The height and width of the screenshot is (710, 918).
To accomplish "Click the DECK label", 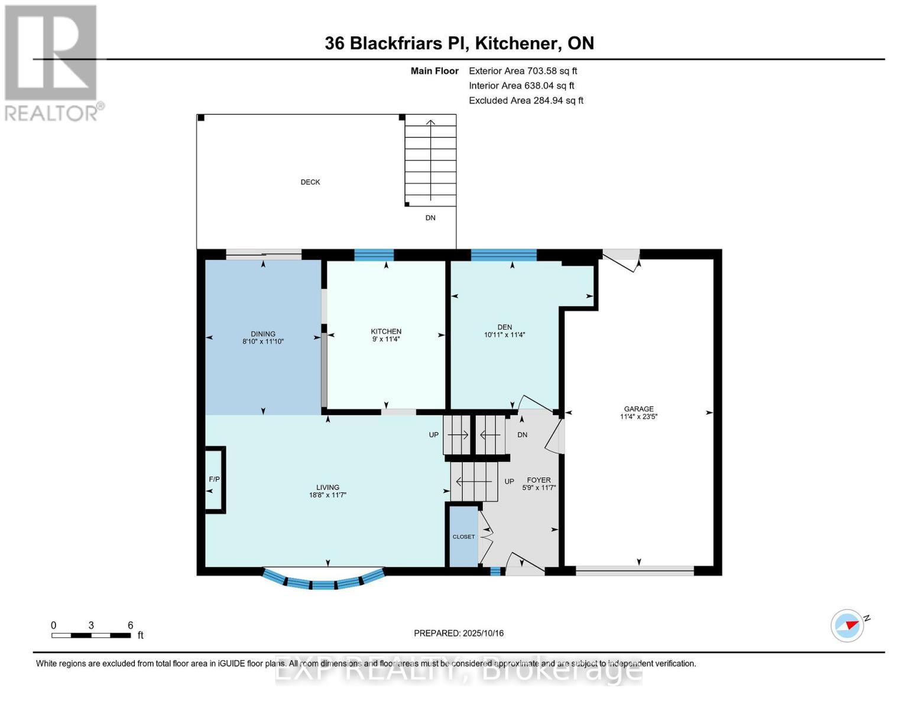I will [x=310, y=182].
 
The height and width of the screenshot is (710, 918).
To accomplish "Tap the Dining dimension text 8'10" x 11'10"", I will [x=263, y=342].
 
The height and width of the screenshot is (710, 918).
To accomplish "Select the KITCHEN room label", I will [x=386, y=331].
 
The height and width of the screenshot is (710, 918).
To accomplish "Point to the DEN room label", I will [x=504, y=327].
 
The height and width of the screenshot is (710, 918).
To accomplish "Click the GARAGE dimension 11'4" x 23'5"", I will [x=638, y=417].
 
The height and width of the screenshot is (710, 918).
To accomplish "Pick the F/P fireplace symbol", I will [x=214, y=479].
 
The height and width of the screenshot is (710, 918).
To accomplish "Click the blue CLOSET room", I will [x=463, y=537].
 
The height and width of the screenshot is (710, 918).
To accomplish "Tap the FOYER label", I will [x=539, y=480].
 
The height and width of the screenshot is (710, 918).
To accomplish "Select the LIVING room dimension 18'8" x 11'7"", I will [x=327, y=495].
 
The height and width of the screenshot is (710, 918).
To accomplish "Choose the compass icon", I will [x=847, y=625].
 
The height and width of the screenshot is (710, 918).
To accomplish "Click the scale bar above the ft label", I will [x=91, y=635].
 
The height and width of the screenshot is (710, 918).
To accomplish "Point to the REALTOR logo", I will [x=52, y=62].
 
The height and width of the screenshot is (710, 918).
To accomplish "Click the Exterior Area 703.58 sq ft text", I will [x=523, y=71].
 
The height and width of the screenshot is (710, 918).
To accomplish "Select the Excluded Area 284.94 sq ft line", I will [x=526, y=101].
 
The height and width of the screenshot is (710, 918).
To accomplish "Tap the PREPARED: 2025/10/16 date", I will [x=459, y=633].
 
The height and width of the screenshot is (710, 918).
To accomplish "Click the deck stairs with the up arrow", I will [x=430, y=160].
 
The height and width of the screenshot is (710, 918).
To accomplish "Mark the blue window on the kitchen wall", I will [x=374, y=255].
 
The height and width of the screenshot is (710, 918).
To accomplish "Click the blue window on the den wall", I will [x=504, y=255].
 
